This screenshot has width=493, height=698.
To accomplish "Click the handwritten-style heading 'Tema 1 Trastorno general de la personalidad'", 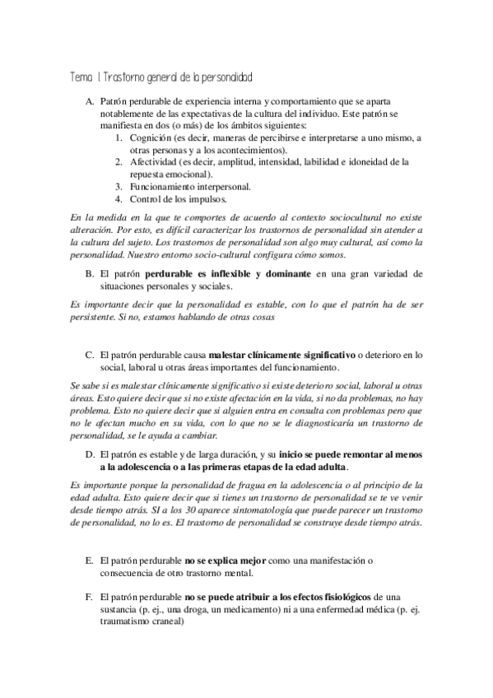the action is tap(160, 76).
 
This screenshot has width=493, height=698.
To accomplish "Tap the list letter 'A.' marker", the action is tap(91, 100).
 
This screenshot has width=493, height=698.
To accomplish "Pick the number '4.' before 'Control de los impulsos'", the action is tap(119, 198).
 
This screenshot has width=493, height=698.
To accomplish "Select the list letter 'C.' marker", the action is tap(91, 355).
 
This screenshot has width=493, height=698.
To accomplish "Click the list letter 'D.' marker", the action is tap(91, 454).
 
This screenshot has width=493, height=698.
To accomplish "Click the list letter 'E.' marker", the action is tap(91, 560).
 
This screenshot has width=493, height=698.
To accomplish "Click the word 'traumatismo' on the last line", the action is tap(127, 621).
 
